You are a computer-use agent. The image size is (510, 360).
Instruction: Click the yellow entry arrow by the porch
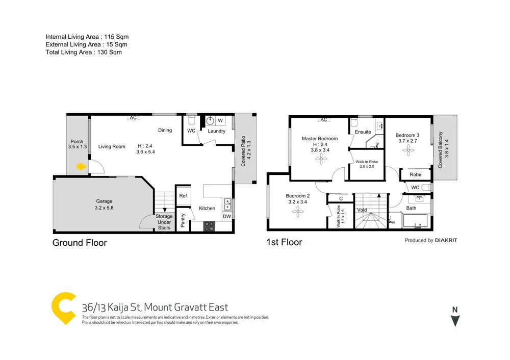(x=81, y=166)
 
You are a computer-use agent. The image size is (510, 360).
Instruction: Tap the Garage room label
(x=104, y=201)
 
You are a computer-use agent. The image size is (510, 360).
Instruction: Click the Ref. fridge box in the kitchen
(x=183, y=196)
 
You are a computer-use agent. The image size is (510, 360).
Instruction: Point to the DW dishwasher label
(x=226, y=217)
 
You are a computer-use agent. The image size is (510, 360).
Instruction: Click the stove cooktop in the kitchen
(x=209, y=225)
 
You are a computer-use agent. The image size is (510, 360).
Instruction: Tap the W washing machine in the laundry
(x=220, y=121)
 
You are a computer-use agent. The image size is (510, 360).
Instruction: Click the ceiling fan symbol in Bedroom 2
(x=297, y=215)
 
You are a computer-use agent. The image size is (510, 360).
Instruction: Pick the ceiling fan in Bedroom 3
(x=407, y=149)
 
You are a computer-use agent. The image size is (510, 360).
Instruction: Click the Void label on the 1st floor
(x=362, y=210)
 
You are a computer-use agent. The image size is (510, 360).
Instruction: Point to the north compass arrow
(x=455, y=320)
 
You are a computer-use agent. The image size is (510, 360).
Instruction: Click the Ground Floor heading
(x=80, y=243)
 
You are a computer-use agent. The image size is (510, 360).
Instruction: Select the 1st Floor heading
(x=284, y=242)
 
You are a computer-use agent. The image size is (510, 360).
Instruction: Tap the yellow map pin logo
(x=64, y=308)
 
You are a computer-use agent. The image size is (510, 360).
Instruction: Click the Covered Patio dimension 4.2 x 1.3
(x=249, y=150)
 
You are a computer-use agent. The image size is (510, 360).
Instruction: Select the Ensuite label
(x=363, y=132)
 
